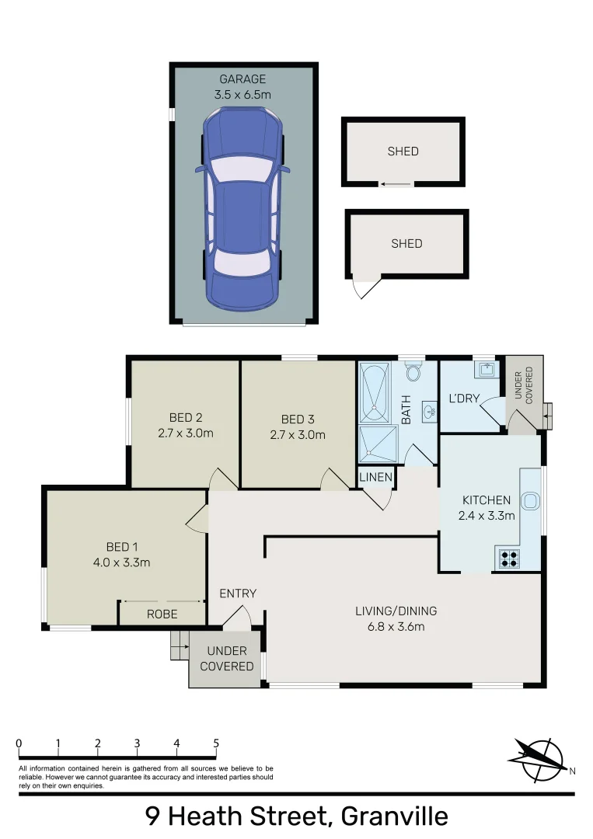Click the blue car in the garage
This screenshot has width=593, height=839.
click(x=242, y=209)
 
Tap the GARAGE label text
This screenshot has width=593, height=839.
click(x=242, y=79)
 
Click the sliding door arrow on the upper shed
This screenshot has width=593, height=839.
click(x=396, y=185)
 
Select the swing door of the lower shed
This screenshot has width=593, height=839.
click(x=366, y=286)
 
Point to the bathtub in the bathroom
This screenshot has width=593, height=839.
click(x=375, y=393)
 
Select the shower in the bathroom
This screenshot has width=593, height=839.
click(x=378, y=444)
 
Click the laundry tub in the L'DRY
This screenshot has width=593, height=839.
click(x=487, y=369)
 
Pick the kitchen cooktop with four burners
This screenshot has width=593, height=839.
click(x=508, y=559)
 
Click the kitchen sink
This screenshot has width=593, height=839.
click(x=529, y=501)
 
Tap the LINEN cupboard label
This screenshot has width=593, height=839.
click(x=375, y=477)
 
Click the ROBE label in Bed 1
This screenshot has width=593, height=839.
click(x=162, y=614)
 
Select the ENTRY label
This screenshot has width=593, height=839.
click(x=238, y=594)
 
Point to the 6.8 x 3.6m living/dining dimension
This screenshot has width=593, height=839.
click(x=396, y=627)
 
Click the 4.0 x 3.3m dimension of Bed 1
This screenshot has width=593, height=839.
click(x=121, y=562)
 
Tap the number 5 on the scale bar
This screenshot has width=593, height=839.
click(x=216, y=743)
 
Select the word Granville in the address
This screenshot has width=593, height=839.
click(x=395, y=816)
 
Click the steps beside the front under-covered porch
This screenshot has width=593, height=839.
click(x=180, y=646)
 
